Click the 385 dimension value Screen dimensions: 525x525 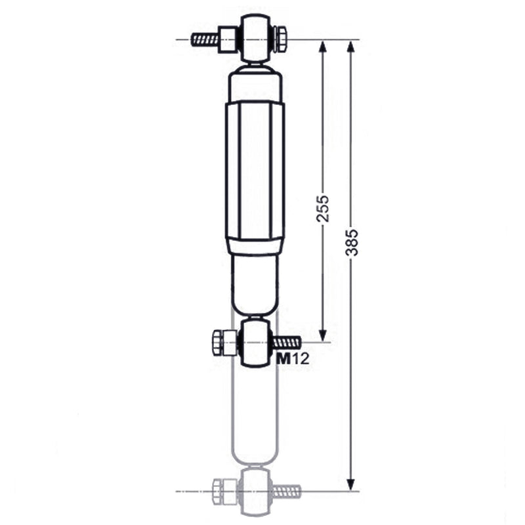pyautogui.click(x=352, y=242)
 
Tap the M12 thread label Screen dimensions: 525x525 pyautogui.click(x=292, y=358)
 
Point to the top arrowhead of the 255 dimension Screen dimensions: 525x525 pyautogui.click(x=323, y=47)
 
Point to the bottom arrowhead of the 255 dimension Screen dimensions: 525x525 pyautogui.click(x=323, y=335)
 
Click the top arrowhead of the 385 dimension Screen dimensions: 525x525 pyautogui.click(x=351, y=47)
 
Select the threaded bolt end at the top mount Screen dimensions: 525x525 pyautogui.click(x=205, y=39)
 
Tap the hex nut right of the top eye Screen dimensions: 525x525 pyautogui.click(x=279, y=39)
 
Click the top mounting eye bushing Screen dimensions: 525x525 pyautogui.click(x=255, y=38)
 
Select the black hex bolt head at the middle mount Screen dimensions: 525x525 pyautogui.click(x=224, y=342)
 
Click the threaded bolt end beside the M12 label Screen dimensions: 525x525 pyautogui.click(x=286, y=342)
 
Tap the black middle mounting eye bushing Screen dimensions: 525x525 pyautogui.click(x=255, y=341)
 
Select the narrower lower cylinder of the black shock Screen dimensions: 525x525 pyautogui.click(x=255, y=282)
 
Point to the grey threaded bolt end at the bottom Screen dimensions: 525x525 pyautogui.click(x=286, y=490)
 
